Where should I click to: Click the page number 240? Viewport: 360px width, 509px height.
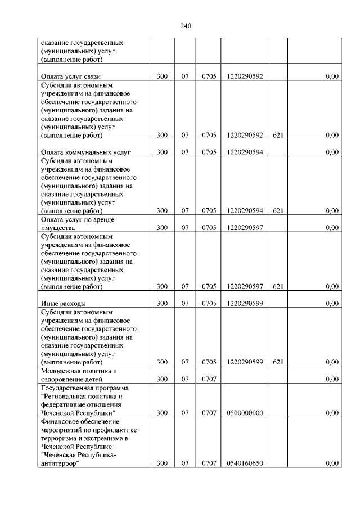tap(187, 25)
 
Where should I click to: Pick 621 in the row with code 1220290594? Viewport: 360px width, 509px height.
tap(277, 210)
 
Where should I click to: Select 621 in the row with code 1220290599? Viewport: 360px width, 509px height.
tap(277, 362)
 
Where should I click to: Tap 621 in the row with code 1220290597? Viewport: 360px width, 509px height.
tap(277, 286)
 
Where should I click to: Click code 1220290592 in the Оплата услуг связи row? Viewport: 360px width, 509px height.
tap(245, 76)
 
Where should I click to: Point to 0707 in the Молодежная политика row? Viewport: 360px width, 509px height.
tap(209, 379)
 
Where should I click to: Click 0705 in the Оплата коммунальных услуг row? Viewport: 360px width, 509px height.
tap(209, 152)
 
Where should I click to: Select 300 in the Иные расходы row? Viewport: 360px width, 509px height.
tap(162, 303)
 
